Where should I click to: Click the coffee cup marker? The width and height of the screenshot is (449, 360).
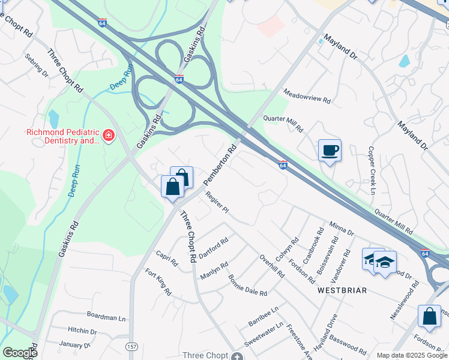(330, 150)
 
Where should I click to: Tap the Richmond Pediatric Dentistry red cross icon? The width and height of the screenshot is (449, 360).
(109, 136)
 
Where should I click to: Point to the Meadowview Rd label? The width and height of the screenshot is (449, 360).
(307, 98)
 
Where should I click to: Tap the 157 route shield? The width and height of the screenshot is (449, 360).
(131, 347)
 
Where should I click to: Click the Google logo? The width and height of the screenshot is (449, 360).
(20, 353)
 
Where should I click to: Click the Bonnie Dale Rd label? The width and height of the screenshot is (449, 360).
(247, 285)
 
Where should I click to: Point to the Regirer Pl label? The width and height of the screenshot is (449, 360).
(217, 202)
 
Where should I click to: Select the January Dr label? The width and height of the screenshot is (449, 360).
(74, 345)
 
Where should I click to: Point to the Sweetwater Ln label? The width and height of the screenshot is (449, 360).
(264, 334)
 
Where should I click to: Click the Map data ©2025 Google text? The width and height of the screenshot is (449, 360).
(411, 355)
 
